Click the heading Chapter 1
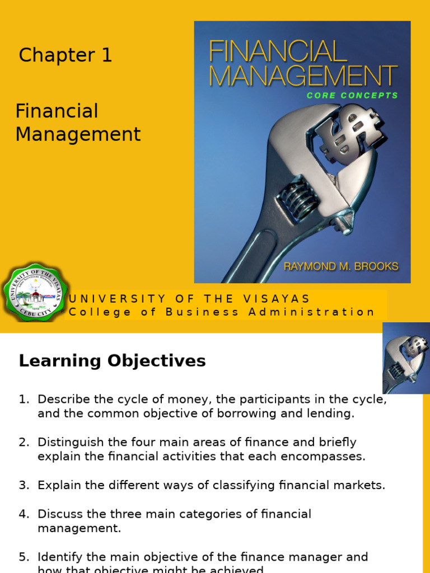(x=66, y=55)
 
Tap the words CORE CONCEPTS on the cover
(x=352, y=96)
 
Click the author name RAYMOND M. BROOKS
(x=340, y=266)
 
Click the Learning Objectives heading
(x=112, y=361)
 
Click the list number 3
(x=24, y=485)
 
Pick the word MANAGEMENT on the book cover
(x=303, y=76)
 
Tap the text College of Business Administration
(x=222, y=312)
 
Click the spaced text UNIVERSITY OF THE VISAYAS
(x=190, y=299)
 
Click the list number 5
(x=24, y=557)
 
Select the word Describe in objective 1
(x=60, y=400)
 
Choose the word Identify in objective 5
(x=57, y=557)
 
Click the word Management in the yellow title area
(x=78, y=134)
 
